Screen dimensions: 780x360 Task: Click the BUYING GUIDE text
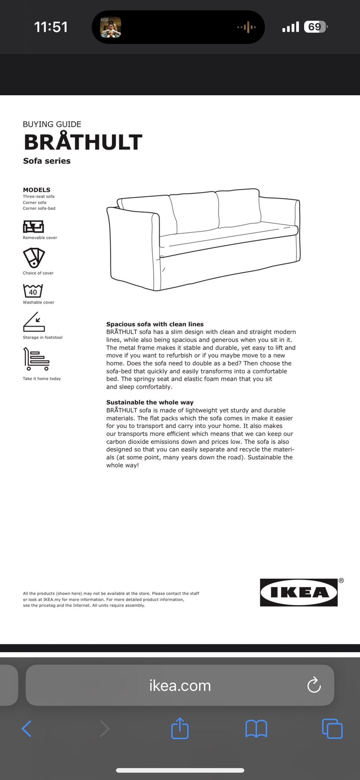click(x=52, y=124)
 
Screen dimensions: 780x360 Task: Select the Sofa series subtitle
click(x=46, y=161)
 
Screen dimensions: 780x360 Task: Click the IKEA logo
click(x=298, y=592)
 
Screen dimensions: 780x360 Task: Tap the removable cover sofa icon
click(x=33, y=226)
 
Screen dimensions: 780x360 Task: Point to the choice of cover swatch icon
click(x=34, y=258)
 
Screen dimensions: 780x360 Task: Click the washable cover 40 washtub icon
click(x=33, y=291)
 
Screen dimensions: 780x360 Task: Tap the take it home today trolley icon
click(x=36, y=359)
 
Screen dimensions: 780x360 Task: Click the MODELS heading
click(x=36, y=190)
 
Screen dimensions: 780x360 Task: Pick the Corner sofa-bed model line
click(x=39, y=208)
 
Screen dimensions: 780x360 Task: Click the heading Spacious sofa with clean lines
click(x=155, y=324)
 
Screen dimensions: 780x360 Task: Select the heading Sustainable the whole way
click(x=150, y=402)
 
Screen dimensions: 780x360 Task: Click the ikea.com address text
click(x=180, y=686)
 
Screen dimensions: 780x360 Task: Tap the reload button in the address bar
click(x=314, y=685)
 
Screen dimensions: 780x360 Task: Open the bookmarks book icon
click(x=256, y=729)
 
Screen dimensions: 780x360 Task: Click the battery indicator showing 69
click(x=315, y=27)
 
